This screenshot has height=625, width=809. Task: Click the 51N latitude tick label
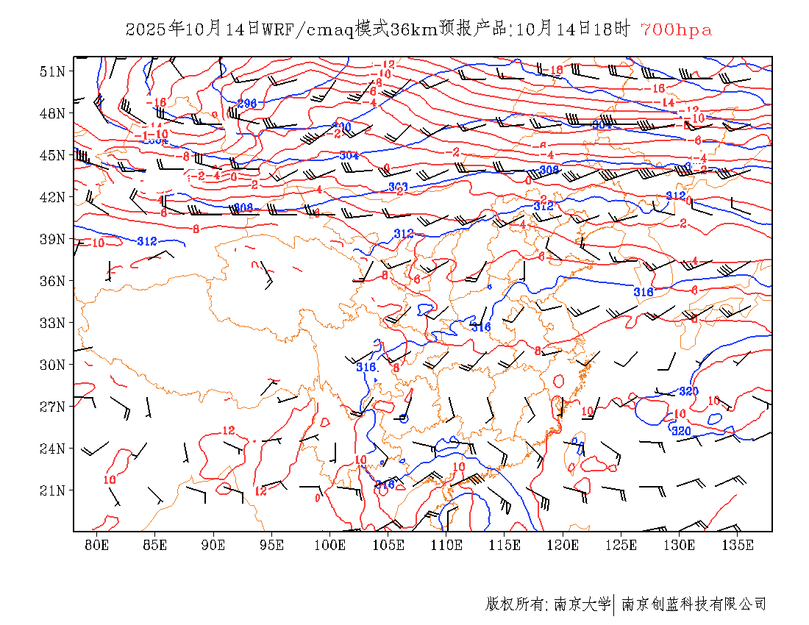click(52, 71)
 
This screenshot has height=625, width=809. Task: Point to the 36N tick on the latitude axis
click(52, 281)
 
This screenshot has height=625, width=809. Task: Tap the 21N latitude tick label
click(52, 490)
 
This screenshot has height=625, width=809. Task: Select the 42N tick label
click(52, 197)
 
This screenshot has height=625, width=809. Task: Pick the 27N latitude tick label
click(52, 407)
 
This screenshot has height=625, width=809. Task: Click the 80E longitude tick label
click(96, 545)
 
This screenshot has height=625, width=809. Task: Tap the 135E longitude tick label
click(738, 545)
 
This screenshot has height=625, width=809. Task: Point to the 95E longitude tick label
click(271, 545)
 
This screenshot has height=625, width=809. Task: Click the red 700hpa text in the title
click(676, 30)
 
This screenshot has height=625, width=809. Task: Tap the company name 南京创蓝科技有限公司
click(694, 604)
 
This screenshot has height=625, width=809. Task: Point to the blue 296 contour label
click(246, 104)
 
